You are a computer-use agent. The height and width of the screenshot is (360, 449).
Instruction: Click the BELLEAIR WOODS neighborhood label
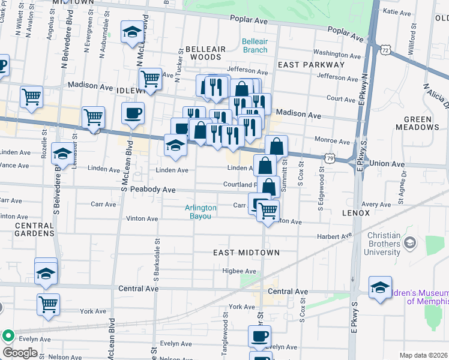point(205,53)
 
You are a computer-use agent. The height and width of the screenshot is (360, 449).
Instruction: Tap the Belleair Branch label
point(255,46)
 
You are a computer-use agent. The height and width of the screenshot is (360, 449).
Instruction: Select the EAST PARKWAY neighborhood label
point(310,64)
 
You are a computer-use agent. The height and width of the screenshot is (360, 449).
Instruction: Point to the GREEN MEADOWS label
point(417,123)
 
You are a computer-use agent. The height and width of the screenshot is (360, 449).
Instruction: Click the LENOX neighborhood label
point(357,213)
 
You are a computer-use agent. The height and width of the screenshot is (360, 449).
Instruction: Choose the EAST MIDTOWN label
point(246,253)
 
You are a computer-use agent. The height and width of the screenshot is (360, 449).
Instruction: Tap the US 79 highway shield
point(331,158)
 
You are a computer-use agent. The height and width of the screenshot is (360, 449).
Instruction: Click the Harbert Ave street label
point(334,236)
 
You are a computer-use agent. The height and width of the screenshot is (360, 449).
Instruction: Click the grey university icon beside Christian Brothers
point(410,242)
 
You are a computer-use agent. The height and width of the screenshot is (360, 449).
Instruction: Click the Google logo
point(20,353)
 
